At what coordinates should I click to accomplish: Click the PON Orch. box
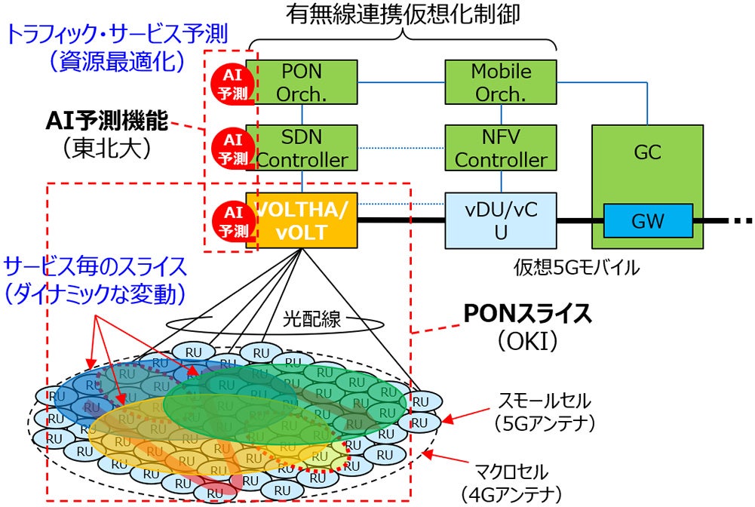(x=302, y=82)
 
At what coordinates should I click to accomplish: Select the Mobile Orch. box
(x=501, y=82)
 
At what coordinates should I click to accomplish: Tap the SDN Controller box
(x=302, y=148)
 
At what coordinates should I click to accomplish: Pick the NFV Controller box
(x=501, y=148)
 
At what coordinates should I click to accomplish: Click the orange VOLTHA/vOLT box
(x=305, y=220)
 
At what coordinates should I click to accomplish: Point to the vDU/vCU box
(x=501, y=220)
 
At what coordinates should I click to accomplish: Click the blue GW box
(x=647, y=220)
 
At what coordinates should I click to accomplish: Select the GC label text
(x=647, y=152)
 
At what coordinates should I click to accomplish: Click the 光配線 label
(x=312, y=319)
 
